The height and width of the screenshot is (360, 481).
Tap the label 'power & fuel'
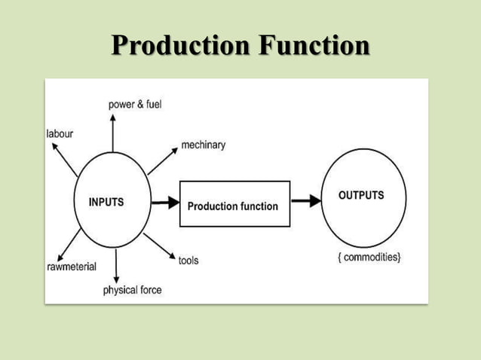pyautogui.click(x=136, y=104)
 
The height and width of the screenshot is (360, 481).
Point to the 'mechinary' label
pyautogui.click(x=203, y=145)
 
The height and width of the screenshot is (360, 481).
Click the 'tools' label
pyautogui.click(x=188, y=261)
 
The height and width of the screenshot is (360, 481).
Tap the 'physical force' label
pyautogui.click(x=132, y=289)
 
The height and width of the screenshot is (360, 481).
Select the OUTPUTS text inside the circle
pyautogui.click(x=361, y=195)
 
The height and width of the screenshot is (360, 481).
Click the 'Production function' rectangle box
pyautogui.click(x=234, y=204)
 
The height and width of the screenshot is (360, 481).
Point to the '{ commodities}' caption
pyautogui.click(x=369, y=258)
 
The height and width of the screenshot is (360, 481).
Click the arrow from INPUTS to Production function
pyautogui.click(x=164, y=203)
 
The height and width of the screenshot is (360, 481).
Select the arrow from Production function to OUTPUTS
pyautogui.click(x=305, y=201)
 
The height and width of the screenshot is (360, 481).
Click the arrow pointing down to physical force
pyautogui.click(x=116, y=267)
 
